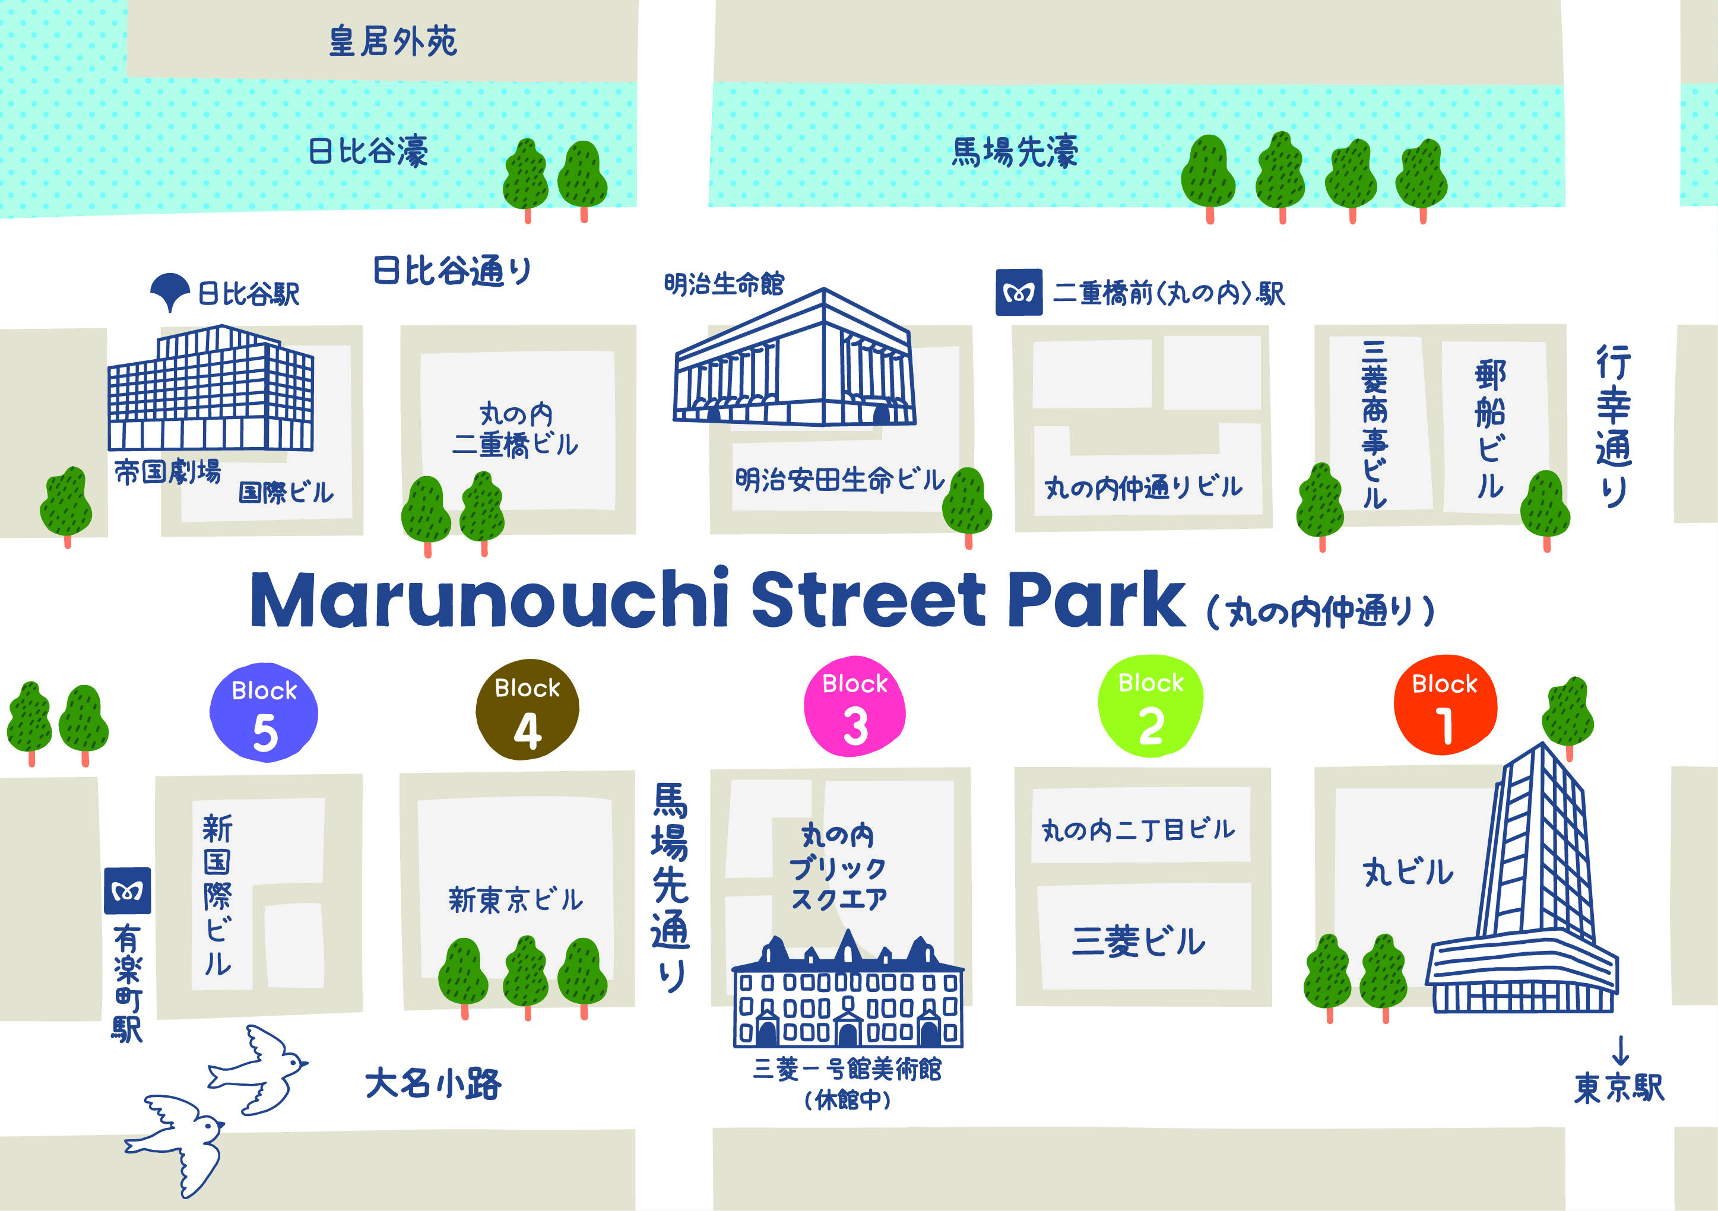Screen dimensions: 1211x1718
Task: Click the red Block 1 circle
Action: tap(1445, 706)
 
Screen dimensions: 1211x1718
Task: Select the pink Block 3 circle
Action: tap(854, 706)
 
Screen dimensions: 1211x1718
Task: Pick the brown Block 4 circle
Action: tap(528, 709)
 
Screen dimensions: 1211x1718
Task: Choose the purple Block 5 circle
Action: tap(264, 712)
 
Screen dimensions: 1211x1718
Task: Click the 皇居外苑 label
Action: tap(393, 41)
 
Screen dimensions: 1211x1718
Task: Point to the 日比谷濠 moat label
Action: tap(368, 151)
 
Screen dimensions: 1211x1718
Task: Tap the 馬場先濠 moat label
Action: tap(1014, 152)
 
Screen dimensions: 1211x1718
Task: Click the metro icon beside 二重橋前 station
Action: tap(1018, 293)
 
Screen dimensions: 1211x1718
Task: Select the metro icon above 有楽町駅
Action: tap(127, 890)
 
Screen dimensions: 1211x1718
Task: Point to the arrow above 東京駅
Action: tap(1620, 1050)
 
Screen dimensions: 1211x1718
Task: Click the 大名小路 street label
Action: tap(433, 1083)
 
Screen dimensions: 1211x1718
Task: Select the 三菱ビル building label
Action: tap(1138, 941)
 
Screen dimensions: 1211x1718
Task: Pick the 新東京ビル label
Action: tap(515, 900)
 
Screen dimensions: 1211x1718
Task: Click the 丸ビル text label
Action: tap(1408, 873)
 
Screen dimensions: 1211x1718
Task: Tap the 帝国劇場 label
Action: tap(167, 473)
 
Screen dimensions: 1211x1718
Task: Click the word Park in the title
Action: tap(1096, 600)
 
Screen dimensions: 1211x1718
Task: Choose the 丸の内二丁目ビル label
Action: tap(1138, 829)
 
